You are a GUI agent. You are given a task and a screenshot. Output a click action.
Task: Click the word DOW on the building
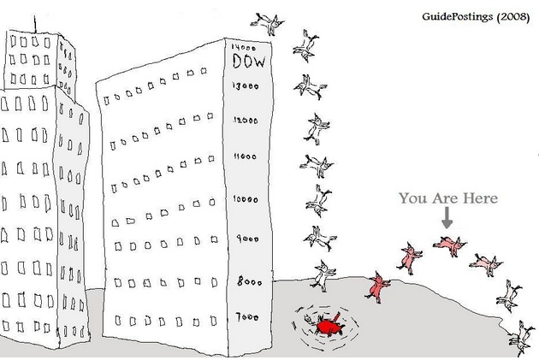(x=248, y=62)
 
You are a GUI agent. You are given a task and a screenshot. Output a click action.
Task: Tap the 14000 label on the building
(x=245, y=48)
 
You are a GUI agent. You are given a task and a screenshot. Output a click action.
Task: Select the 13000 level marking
(x=246, y=86)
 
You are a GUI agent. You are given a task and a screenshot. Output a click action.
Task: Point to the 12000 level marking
(x=246, y=121)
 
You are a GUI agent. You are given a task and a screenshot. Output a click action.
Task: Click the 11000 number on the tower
(x=245, y=158)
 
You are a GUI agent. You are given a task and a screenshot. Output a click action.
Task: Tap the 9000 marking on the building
(x=247, y=239)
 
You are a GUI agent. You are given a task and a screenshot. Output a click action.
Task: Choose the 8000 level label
(x=247, y=280)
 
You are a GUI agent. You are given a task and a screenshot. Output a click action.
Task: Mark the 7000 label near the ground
(x=246, y=316)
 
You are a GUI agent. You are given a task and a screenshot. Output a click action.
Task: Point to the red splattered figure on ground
(x=327, y=327)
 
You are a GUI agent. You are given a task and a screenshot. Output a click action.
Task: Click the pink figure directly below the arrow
(x=448, y=245)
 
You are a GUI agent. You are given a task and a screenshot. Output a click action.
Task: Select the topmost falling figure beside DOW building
(x=273, y=24)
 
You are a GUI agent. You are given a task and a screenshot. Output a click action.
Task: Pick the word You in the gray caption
(x=414, y=199)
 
